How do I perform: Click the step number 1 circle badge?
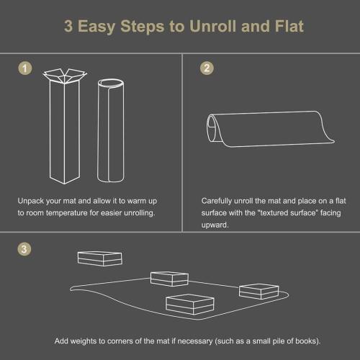pyautogui.click(x=27, y=68)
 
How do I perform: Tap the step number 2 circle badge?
pyautogui.click(x=207, y=68)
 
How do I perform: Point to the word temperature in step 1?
pyautogui.click(x=81, y=214)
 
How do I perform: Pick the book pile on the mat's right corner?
pyautogui.click(x=258, y=290)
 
